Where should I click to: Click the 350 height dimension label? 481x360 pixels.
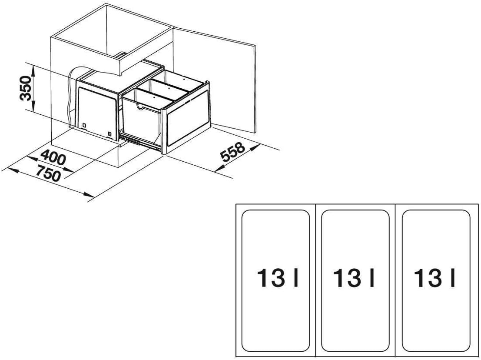point(26,88)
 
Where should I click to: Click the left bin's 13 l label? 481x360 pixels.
point(278,278)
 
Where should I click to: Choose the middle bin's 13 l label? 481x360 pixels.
point(354,278)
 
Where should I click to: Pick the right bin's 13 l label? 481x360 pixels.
point(435,278)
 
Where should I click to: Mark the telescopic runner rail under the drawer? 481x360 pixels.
point(139,142)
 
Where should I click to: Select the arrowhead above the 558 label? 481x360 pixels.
point(253,149)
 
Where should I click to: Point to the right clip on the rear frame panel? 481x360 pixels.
point(109,134)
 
